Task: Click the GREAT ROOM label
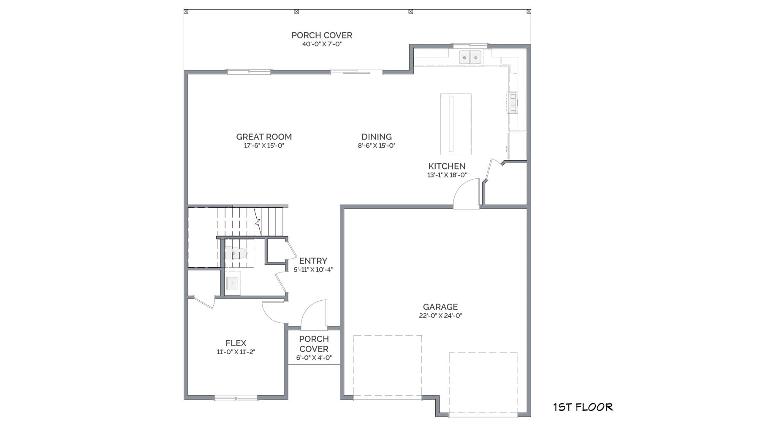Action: tap(264, 137)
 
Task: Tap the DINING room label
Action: tap(376, 137)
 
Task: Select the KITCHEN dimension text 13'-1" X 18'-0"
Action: tap(447, 175)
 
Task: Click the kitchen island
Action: tap(456, 124)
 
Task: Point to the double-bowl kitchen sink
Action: tap(470, 57)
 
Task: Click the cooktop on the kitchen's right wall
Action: tap(512, 102)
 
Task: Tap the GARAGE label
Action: tap(440, 307)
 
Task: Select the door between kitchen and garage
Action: tap(467, 195)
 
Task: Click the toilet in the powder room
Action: tap(235, 253)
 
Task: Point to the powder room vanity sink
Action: tap(232, 283)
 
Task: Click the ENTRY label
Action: tap(313, 261)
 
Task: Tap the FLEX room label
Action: tap(236, 343)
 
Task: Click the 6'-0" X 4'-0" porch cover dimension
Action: tap(314, 358)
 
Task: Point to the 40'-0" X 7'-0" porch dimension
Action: tap(321, 44)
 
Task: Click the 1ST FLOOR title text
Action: tap(583, 407)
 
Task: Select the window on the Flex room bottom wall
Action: tap(236, 397)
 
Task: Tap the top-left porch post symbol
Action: tap(186, 11)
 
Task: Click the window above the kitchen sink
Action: tap(470, 45)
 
